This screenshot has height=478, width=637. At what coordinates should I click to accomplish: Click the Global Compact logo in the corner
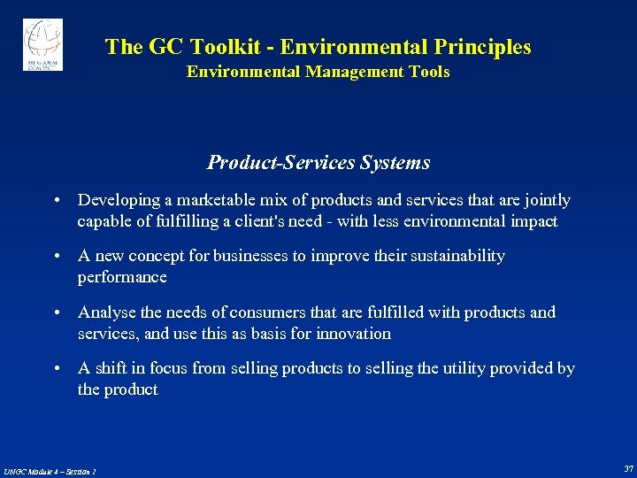[x=42, y=44]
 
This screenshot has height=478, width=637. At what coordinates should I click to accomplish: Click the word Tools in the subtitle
[x=429, y=72]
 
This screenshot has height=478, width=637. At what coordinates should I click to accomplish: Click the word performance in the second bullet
[x=122, y=277]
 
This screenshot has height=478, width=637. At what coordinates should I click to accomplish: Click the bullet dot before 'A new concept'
[x=57, y=257]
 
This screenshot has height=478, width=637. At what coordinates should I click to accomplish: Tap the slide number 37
[x=627, y=468]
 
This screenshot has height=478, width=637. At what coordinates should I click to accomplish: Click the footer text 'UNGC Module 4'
[x=31, y=471]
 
